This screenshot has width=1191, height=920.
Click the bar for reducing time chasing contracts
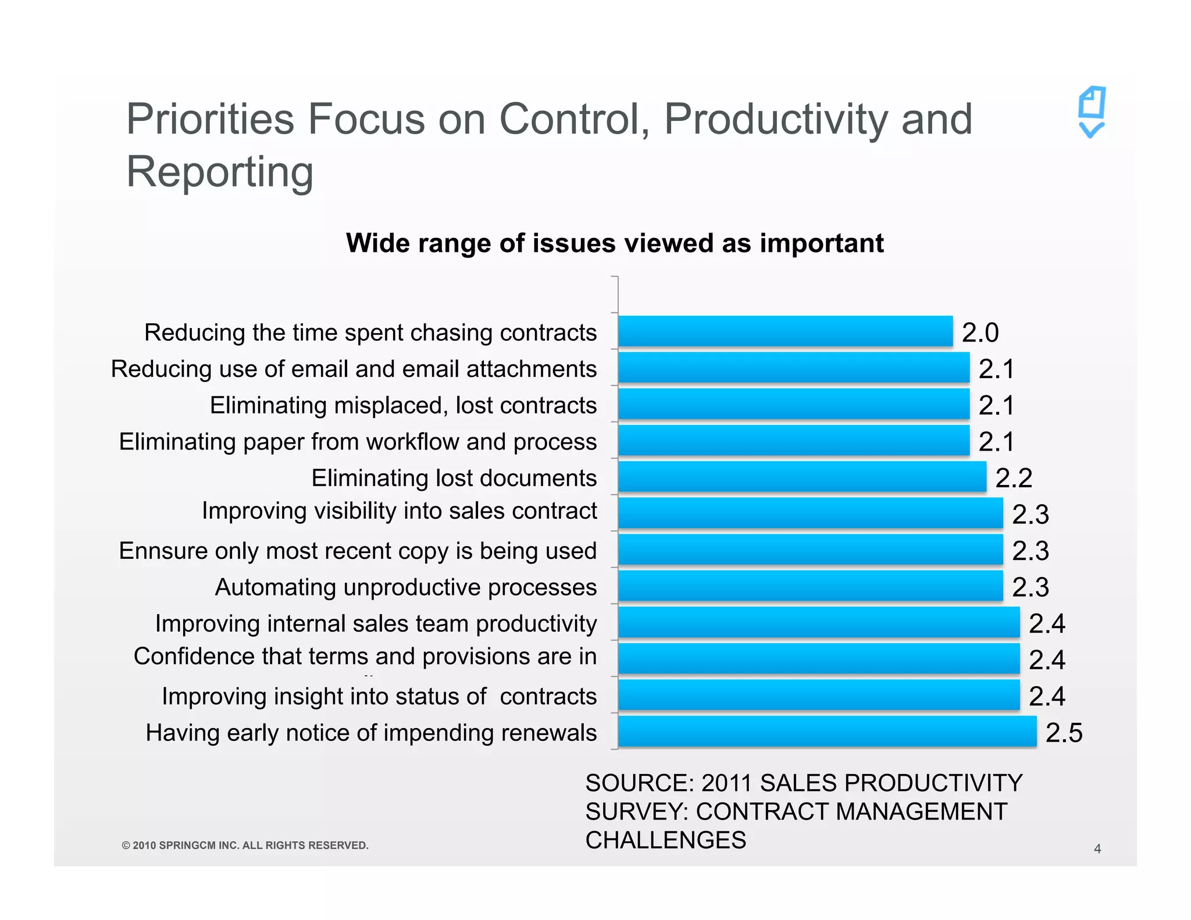tap(785, 331)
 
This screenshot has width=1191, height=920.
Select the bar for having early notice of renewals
tap(827, 732)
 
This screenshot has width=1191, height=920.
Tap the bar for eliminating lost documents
tap(802, 477)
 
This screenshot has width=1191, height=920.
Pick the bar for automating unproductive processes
tap(810, 586)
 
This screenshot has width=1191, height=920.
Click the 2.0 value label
tap(980, 333)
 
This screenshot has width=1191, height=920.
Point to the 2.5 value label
tap(1064, 733)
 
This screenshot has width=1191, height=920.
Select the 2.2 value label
tap(1014, 478)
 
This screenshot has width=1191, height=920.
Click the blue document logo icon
tap(1092, 112)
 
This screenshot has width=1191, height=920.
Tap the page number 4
tap(1097, 849)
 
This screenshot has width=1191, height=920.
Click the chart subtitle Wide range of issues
tap(615, 243)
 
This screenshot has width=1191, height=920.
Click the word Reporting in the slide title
tap(220, 172)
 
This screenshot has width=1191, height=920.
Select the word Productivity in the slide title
tap(776, 119)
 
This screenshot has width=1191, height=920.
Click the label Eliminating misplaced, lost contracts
tap(403, 405)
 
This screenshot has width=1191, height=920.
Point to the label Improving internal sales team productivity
tap(376, 623)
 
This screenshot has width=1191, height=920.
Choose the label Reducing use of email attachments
tap(354, 369)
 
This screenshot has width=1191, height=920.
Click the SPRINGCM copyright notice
tap(245, 846)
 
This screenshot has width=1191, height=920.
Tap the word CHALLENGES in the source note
tap(665, 840)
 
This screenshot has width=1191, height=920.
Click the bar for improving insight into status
tap(819, 696)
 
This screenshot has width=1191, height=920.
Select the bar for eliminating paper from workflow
tap(793, 441)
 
